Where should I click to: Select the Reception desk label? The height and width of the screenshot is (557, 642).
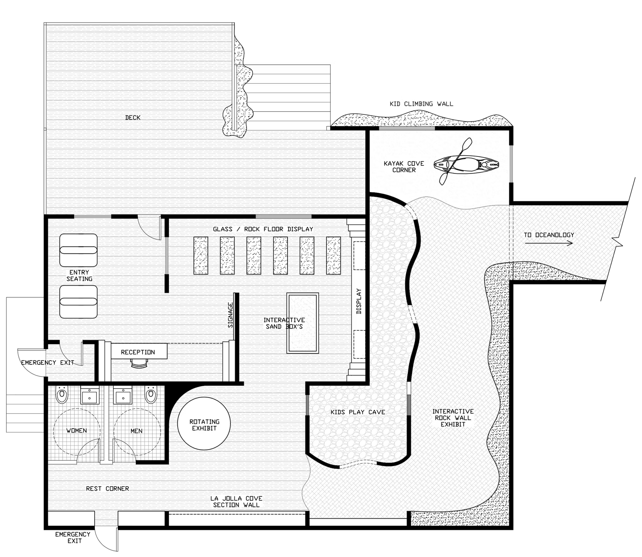coord(138,352)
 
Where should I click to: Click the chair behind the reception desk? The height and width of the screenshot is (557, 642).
coord(139,363)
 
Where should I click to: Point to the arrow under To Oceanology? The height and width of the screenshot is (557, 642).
coord(549,243)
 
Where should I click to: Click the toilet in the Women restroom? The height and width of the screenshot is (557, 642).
coord(62,395)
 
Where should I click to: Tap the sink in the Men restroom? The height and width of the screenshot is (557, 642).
coord(123,396)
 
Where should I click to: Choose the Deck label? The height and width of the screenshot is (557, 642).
coord(133,118)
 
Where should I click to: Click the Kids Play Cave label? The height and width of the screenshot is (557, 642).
coord(358,412)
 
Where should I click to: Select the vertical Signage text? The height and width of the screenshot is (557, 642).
coord(230,315)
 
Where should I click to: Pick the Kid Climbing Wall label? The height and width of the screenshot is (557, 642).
coord(421,104)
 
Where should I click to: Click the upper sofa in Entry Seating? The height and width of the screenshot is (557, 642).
coord(78,250)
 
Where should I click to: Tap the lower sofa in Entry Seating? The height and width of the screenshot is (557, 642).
coord(78,302)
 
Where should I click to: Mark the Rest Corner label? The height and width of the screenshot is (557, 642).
coord(107,489)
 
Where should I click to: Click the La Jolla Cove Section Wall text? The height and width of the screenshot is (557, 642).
coord(236,502)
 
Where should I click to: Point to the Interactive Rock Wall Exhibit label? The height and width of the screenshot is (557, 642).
coord(453,418)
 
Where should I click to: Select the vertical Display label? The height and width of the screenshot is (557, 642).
coord(359,301)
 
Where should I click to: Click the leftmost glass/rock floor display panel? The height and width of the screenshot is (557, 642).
coord(201,255)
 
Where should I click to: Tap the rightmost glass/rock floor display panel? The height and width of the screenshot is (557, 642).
coord(333,255)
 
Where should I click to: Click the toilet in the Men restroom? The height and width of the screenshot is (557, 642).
coord(151,395)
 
